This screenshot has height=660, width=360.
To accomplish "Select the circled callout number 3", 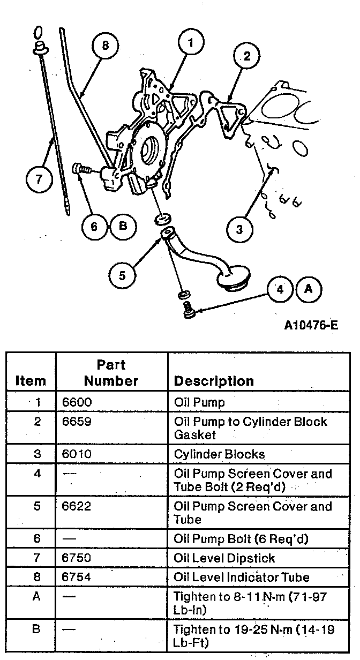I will [x=239, y=229].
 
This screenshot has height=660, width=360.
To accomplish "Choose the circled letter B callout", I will [x=123, y=226].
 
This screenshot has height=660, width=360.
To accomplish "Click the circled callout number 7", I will [x=39, y=179].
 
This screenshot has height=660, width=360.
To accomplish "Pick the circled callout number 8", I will [x=105, y=46].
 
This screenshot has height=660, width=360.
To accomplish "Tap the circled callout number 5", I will [x=122, y=275].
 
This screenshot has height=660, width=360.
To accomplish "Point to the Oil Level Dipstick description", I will [x=224, y=558].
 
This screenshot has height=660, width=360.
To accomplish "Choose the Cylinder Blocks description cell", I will [x=220, y=454].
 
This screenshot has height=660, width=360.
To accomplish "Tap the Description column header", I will [x=214, y=381].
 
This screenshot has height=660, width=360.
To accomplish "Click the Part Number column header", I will [x=111, y=373].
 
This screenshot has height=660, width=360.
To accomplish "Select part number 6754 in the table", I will [x=75, y=577].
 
